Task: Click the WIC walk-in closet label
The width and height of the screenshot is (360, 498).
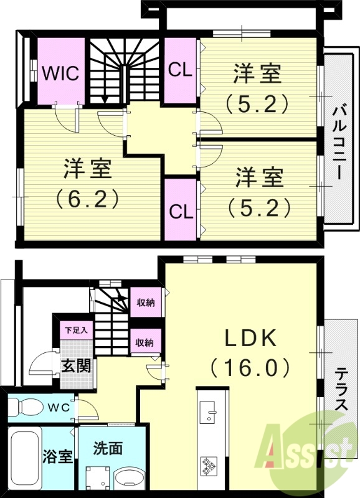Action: [60, 73]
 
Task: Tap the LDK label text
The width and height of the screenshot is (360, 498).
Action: [251, 339]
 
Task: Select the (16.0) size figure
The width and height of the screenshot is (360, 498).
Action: [250, 367]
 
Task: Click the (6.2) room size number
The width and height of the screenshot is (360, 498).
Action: [87, 198]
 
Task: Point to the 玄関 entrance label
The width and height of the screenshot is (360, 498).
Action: [76, 365]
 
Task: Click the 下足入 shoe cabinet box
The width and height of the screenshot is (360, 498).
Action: [77, 331]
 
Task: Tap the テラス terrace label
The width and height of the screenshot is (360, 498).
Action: [341, 388]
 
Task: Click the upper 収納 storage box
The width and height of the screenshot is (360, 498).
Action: [146, 302]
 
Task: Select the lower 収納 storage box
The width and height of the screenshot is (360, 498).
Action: [146, 341]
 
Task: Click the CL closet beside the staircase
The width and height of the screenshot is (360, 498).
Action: [180, 70]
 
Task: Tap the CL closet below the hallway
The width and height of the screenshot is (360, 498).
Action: [181, 210]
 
